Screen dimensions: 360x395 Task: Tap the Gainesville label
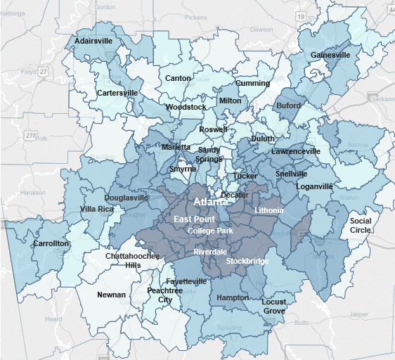click(x=330, y=56)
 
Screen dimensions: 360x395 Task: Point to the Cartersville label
click(x=117, y=93)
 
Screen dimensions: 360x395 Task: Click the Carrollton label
click(x=51, y=243)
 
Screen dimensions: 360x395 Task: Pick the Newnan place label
click(x=112, y=295)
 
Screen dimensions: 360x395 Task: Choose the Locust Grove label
click(x=273, y=307)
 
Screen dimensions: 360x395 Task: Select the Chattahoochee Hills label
click(x=132, y=261)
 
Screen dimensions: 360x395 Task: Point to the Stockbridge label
click(x=247, y=261)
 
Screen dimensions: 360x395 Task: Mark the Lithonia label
click(x=268, y=210)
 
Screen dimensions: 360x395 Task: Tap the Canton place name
click(x=178, y=78)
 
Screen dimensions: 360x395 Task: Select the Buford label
click(x=288, y=106)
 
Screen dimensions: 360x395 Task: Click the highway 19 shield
click(x=300, y=15)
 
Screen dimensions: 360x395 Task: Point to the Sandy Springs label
click(x=209, y=155)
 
